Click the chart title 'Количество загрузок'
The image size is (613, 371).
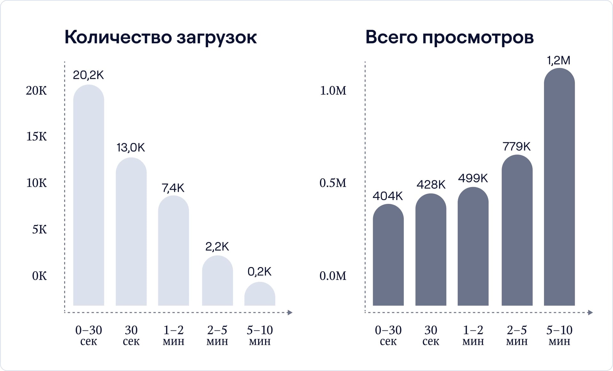160,37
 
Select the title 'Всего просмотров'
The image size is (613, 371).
449,37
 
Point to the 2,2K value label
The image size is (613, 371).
217,247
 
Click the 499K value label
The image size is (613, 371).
473,178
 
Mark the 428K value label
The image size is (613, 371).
431,185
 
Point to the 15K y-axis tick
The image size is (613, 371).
36,137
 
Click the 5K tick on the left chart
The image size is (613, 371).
39,229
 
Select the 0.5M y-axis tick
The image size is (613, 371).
333,183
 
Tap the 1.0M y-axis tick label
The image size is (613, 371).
333,91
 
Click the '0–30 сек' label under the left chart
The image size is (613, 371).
88,335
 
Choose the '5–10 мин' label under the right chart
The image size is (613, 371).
559,335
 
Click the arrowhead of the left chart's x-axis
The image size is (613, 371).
290,313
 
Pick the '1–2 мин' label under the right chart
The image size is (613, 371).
473,335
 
